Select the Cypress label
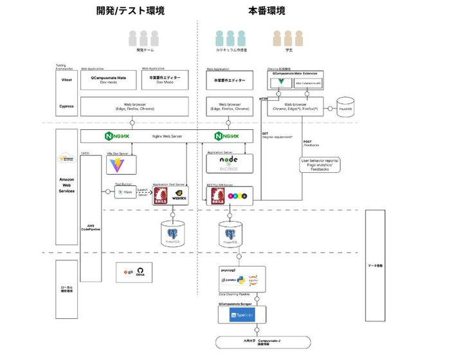click(66, 106)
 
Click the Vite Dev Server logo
click(117, 165)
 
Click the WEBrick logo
click(178, 195)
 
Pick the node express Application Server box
click(229, 163)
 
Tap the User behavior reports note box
click(320, 165)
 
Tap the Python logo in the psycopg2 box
click(240, 280)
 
